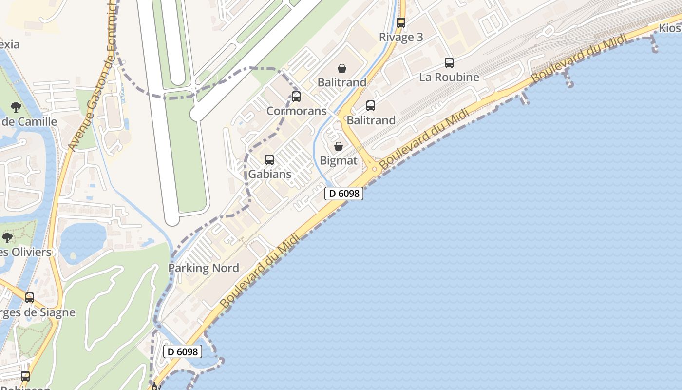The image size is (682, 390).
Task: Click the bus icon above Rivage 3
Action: [401, 22]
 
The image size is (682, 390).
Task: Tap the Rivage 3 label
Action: [401, 37]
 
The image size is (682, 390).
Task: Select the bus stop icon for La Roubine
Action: [449, 62]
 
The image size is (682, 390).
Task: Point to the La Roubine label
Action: [449, 77]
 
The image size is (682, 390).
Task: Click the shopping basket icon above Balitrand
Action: [342, 68]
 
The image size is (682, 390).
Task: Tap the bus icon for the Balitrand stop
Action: [370, 105]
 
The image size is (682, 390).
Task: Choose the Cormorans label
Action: [296, 111]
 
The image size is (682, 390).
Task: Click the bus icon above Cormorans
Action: [296, 96]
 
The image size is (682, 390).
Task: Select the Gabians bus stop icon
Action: [269, 159]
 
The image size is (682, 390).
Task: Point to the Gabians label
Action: [269, 174]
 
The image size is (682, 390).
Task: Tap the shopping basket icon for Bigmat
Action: [339, 146]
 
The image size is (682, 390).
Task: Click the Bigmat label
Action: [339, 160]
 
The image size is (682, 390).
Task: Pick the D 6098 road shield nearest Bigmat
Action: [344, 194]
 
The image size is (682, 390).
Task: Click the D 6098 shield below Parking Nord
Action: [182, 351]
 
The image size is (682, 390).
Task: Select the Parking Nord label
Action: [204, 268]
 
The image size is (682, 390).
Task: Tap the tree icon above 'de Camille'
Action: [16, 107]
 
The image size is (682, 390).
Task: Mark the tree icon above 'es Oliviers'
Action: [7, 237]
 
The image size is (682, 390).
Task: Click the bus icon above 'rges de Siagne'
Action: [30, 297]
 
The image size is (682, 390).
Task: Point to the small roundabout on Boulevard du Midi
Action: [374, 169]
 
